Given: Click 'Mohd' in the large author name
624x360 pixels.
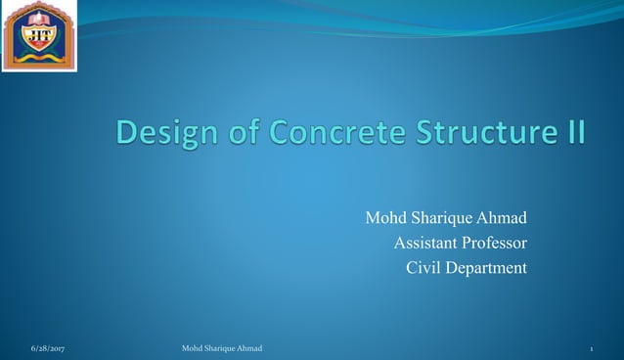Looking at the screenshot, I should pos(385,217).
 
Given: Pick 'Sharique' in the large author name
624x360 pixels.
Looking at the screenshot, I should pos(440,217).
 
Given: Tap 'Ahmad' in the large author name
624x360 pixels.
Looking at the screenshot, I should pos(502,217).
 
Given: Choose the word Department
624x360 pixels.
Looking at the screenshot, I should pos(486,267).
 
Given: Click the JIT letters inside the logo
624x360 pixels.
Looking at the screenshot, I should pos(40,36).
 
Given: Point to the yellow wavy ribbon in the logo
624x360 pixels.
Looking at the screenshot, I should pos(40,58).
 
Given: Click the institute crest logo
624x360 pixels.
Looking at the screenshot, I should pos(40,36).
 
